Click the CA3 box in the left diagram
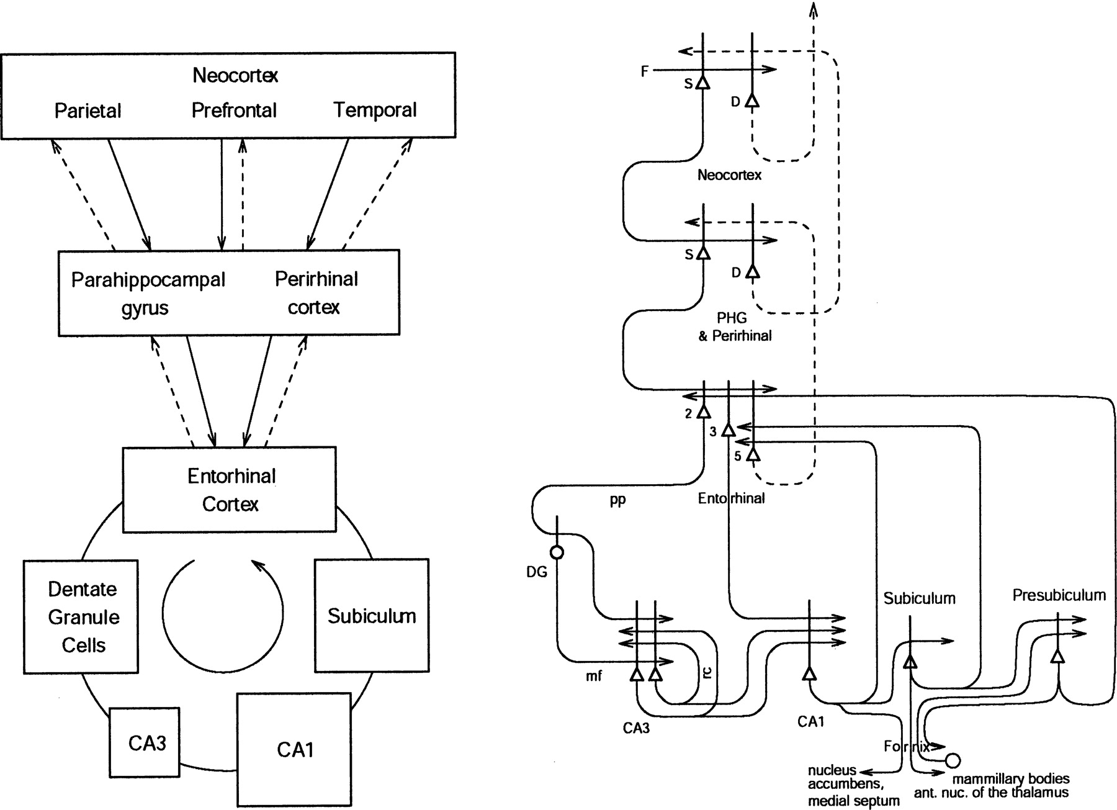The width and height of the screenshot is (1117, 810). (145, 742)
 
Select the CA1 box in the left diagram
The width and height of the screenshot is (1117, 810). (294, 749)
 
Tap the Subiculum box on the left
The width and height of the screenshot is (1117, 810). (372, 616)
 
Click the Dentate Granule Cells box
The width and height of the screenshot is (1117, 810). (81, 617)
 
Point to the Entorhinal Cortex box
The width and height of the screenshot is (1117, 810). (230, 490)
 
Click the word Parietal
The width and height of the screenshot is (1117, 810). (87, 110)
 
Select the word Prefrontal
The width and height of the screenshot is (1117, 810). (234, 110)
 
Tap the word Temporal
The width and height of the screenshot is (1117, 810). (375, 110)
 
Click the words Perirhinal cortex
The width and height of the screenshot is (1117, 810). (315, 293)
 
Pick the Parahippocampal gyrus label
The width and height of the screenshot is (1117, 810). (148, 293)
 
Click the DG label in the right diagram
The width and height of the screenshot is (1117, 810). (537, 572)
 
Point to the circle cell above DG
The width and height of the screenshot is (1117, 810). (557, 552)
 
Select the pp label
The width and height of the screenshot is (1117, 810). (617, 500)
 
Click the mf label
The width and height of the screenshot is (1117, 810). (593, 676)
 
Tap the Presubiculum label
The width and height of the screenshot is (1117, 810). (1059, 595)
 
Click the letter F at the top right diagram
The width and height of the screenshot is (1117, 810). (644, 71)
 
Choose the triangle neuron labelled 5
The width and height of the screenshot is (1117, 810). (753, 454)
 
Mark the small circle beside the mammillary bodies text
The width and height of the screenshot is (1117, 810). (953, 760)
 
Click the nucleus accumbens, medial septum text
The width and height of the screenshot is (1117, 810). (853, 786)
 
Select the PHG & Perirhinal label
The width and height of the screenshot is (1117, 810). (734, 327)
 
